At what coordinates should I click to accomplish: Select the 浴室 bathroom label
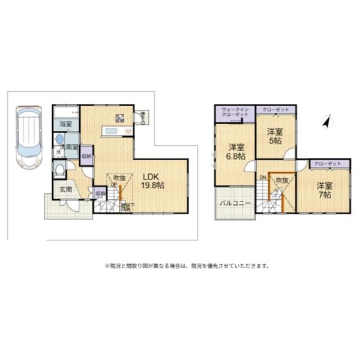pyautogui.click(x=65, y=124)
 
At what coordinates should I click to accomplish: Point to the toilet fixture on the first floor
pyautogui.click(x=58, y=170)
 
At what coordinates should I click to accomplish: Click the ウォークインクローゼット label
pyautogui.click(x=235, y=111)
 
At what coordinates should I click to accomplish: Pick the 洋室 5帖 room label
pyautogui.click(x=275, y=135)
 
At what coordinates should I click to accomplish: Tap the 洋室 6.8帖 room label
pyautogui.click(x=236, y=151)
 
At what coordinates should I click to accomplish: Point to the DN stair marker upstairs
pyautogui.click(x=263, y=178)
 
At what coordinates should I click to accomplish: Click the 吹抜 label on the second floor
pyautogui.click(x=282, y=180)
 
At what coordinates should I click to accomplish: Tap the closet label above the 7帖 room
pyautogui.click(x=328, y=163)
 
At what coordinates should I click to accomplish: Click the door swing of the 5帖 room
pyautogui.click(x=290, y=154)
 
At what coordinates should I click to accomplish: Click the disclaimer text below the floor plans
pyautogui.click(x=187, y=265)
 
